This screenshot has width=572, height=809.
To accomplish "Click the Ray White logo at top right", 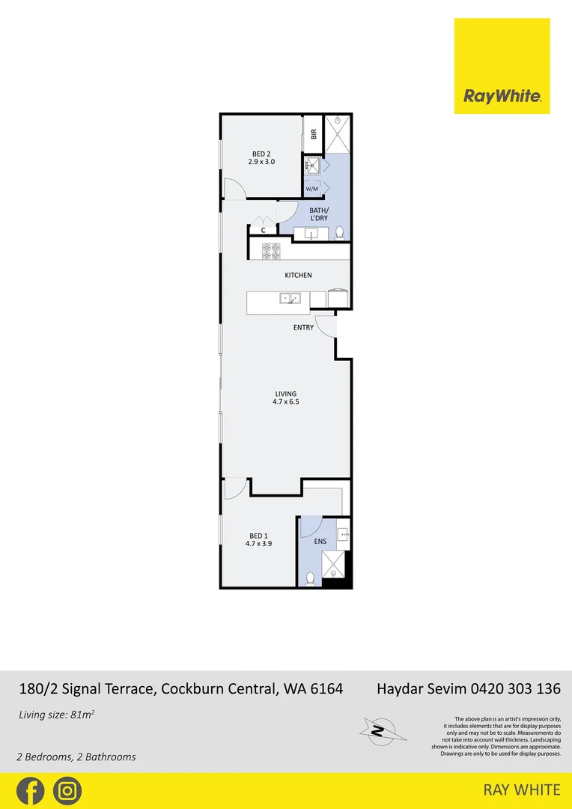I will (x=502, y=66).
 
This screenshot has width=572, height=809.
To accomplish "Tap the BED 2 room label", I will (x=261, y=157).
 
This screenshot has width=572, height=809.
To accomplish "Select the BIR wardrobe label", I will (x=314, y=135).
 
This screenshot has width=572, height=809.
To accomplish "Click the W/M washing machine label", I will (x=312, y=190).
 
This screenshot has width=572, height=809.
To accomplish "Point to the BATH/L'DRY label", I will (x=319, y=214).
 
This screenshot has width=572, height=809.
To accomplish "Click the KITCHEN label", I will (x=298, y=276).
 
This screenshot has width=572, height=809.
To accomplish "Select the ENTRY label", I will (x=303, y=328).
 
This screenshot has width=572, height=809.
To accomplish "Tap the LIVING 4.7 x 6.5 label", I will (x=286, y=398).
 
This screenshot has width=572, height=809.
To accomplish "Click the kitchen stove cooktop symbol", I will (x=270, y=251).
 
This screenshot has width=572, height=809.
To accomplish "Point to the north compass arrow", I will (x=380, y=728).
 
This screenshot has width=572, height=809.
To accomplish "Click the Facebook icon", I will (x=31, y=790).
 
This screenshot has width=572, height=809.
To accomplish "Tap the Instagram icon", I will (x=68, y=790).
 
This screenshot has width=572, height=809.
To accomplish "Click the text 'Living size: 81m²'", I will (x=56, y=715).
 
